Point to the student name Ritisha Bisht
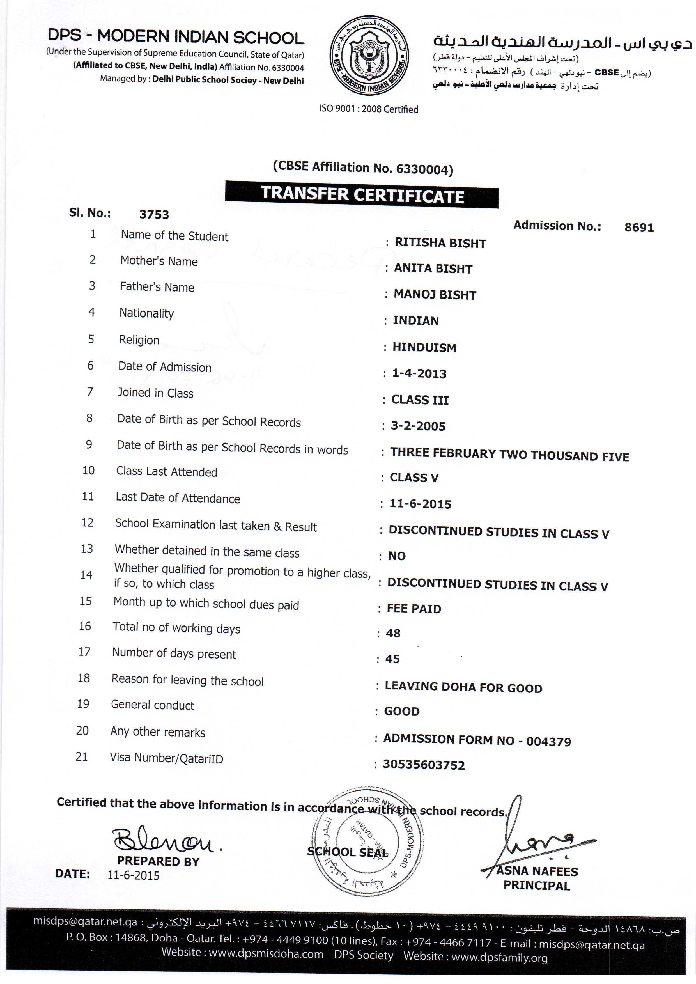[440, 243]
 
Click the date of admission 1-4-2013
[419, 374]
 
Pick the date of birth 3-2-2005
[418, 426]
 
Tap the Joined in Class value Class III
[420, 400]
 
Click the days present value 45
[392, 659]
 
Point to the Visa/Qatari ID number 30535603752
[423, 765]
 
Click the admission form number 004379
[548, 741]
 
